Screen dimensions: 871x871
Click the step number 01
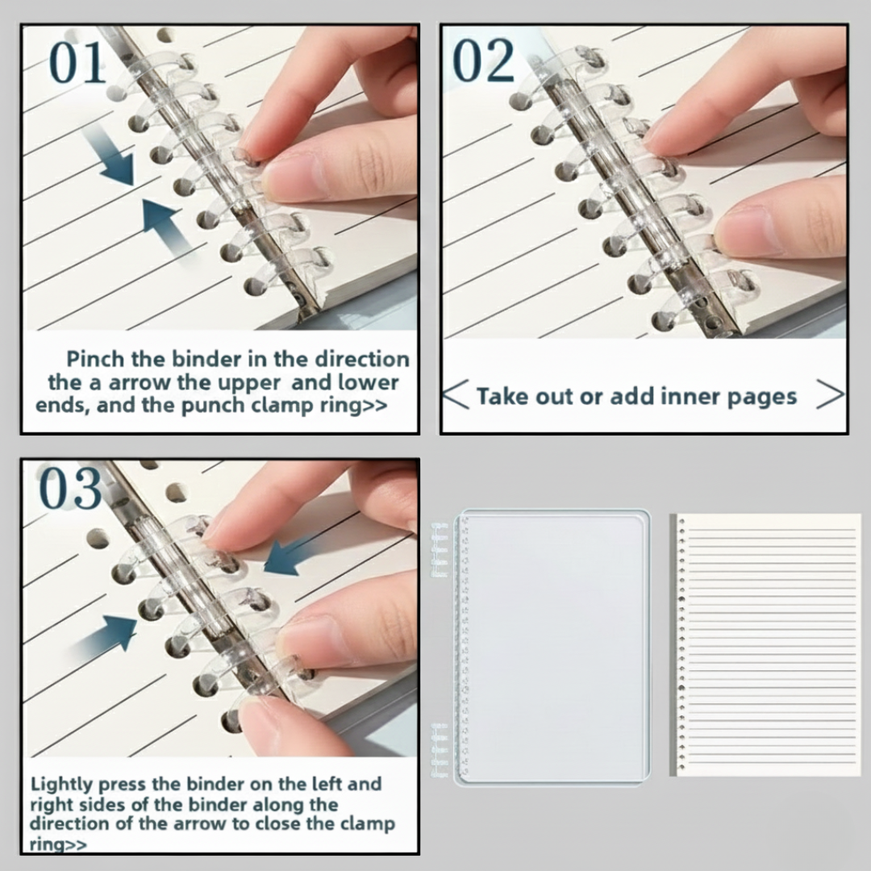[77, 63]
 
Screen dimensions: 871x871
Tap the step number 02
[483, 61]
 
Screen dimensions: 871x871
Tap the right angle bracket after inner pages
[830, 395]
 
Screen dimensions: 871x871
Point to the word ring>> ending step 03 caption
[59, 844]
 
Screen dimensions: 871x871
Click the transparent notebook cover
[556, 645]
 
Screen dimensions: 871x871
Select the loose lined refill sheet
[766, 645]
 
